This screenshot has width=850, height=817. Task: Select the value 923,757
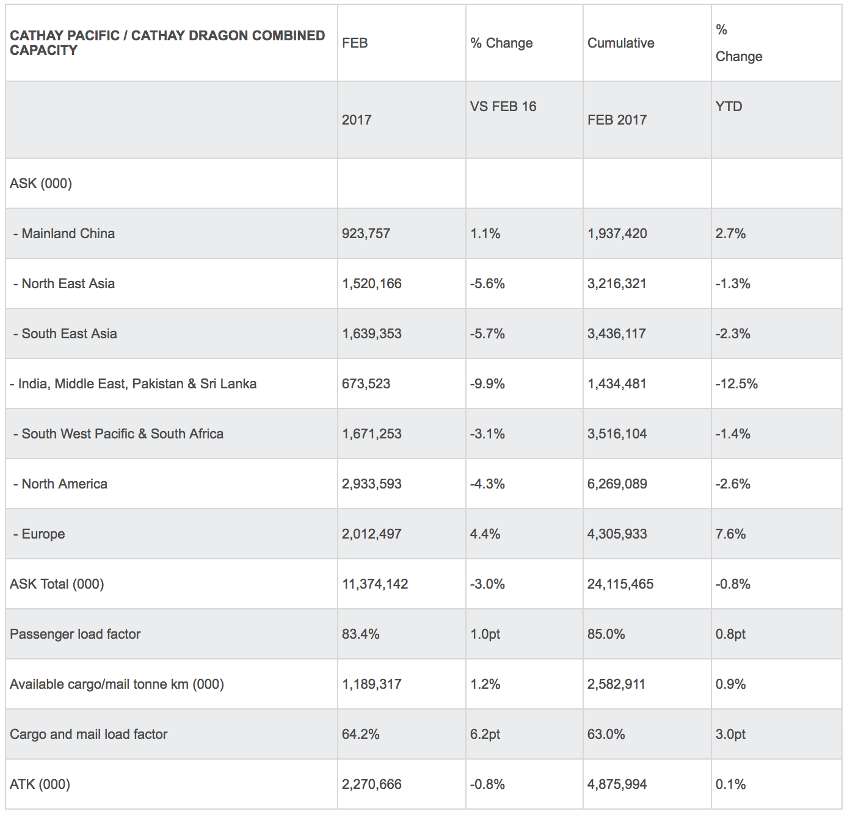coord(366,233)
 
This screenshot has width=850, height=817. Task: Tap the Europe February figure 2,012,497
coord(371,534)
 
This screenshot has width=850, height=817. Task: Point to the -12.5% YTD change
coord(736,383)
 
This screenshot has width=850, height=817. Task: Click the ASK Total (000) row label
coord(57,584)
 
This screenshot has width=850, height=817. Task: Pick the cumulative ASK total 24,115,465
coord(620,584)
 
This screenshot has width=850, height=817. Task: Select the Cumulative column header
coord(620,43)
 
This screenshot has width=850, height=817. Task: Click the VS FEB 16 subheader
coord(503,106)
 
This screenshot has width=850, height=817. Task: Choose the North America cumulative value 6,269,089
coord(617,484)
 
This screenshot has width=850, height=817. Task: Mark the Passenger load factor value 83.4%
coord(360,634)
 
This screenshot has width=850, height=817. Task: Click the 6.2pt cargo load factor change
coord(485,734)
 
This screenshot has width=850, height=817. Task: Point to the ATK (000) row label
coord(40,784)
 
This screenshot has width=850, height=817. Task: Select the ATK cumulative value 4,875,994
coord(617,784)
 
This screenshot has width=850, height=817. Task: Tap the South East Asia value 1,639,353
coord(371,333)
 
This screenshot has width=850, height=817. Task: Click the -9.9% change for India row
coord(487,383)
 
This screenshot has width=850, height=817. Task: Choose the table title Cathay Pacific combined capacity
coord(167,43)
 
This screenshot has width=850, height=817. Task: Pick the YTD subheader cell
coord(728,106)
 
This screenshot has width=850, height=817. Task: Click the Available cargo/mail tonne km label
coord(117,684)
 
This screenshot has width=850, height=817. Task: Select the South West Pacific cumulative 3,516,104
coord(617,434)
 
